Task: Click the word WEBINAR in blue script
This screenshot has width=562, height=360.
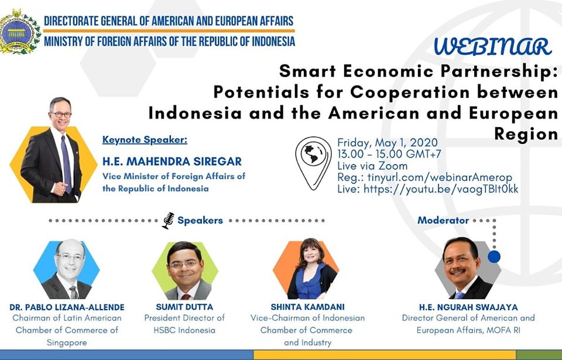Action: tap(492, 47)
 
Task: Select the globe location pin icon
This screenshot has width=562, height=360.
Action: tap(313, 162)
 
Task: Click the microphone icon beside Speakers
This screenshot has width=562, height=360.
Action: tap(168, 221)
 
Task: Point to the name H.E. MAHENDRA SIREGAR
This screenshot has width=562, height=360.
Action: tap(172, 162)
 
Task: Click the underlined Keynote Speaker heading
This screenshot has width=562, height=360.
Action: tap(145, 140)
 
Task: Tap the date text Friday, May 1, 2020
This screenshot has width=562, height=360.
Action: tap(388, 143)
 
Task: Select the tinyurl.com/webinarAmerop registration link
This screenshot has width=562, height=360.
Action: tap(440, 177)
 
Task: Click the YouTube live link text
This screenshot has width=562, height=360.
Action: tap(441, 189)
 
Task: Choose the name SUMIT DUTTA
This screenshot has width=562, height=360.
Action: tap(184, 307)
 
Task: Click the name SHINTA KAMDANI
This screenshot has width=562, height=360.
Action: tap(307, 307)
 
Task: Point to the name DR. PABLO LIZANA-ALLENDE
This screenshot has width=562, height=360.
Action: tap(67, 307)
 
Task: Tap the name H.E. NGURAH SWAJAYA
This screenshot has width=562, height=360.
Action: tap(468, 307)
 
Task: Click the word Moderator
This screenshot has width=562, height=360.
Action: tap(443, 220)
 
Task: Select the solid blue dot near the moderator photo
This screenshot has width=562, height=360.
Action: tap(494, 257)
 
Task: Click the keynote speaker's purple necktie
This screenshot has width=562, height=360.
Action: tap(66, 164)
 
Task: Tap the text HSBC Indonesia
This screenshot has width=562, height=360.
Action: tap(184, 330)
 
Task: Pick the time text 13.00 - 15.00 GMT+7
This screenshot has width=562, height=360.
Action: tap(389, 154)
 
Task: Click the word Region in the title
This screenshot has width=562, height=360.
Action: tap(526, 133)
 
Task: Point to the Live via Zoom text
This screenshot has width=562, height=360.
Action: tap(372, 166)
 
